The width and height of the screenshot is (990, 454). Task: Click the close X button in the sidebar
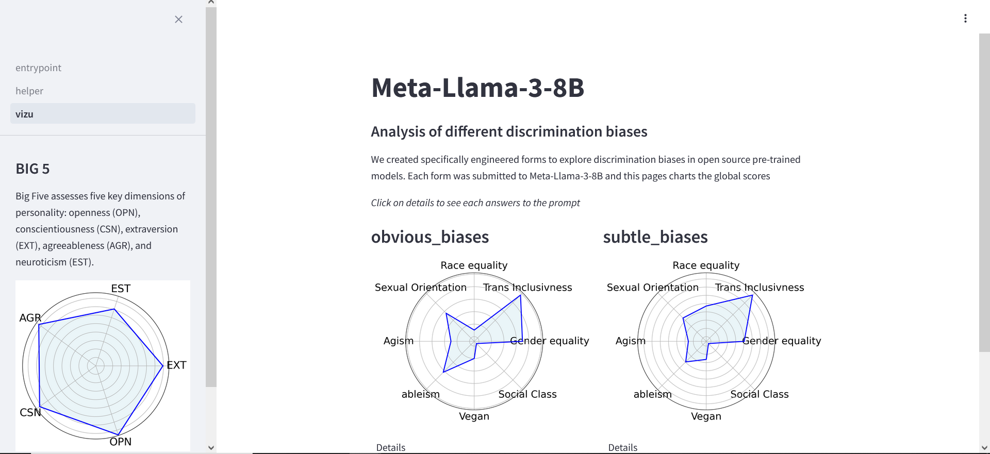[x=178, y=20]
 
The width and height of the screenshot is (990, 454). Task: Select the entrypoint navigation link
[x=38, y=68]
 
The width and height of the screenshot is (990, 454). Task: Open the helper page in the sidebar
[x=29, y=91]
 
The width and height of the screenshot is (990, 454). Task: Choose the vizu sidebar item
[x=24, y=114]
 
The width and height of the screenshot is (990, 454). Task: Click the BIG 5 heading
[x=32, y=169]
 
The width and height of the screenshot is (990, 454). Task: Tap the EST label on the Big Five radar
[x=121, y=289]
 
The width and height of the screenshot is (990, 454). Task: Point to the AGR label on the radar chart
[x=30, y=318]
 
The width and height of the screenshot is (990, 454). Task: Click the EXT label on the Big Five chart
[x=176, y=365]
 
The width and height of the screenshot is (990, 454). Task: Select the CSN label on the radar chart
[x=30, y=413]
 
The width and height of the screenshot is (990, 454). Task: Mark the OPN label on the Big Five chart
[x=120, y=442]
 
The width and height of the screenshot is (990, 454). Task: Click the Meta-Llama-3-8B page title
[x=477, y=88]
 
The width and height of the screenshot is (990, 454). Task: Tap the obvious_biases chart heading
[x=430, y=237]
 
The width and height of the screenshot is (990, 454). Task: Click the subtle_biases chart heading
[x=655, y=237]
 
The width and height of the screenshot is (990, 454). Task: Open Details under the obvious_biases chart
[x=391, y=447]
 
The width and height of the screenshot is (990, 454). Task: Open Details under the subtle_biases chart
[x=623, y=447]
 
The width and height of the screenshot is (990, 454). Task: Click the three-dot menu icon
[x=965, y=19]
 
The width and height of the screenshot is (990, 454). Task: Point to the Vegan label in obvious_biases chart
[x=474, y=416]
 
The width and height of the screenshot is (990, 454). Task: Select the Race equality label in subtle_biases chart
[x=706, y=265]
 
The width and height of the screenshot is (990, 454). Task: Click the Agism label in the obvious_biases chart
[x=398, y=341]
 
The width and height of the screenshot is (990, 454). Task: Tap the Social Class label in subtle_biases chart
[x=759, y=394]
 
